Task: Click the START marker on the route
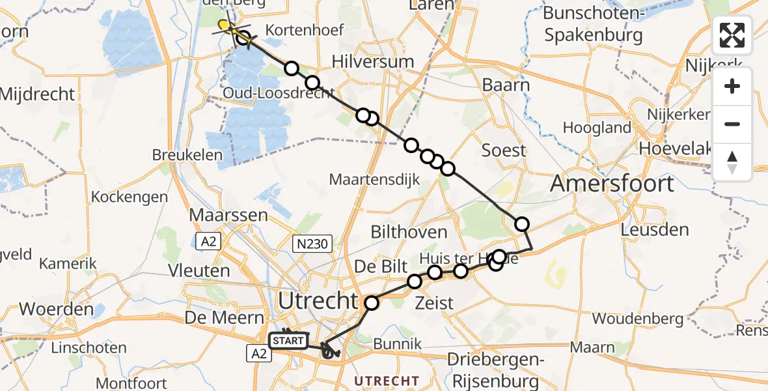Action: (288, 340)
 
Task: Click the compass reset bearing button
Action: (732, 162)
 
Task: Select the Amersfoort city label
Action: (612, 184)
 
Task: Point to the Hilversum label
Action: (372, 62)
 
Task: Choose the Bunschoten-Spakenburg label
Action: (593, 23)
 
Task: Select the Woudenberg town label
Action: (638, 319)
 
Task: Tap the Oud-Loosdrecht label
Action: (279, 94)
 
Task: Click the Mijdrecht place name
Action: (37, 94)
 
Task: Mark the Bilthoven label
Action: (409, 232)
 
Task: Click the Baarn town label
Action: (506, 85)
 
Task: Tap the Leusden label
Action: (654, 229)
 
